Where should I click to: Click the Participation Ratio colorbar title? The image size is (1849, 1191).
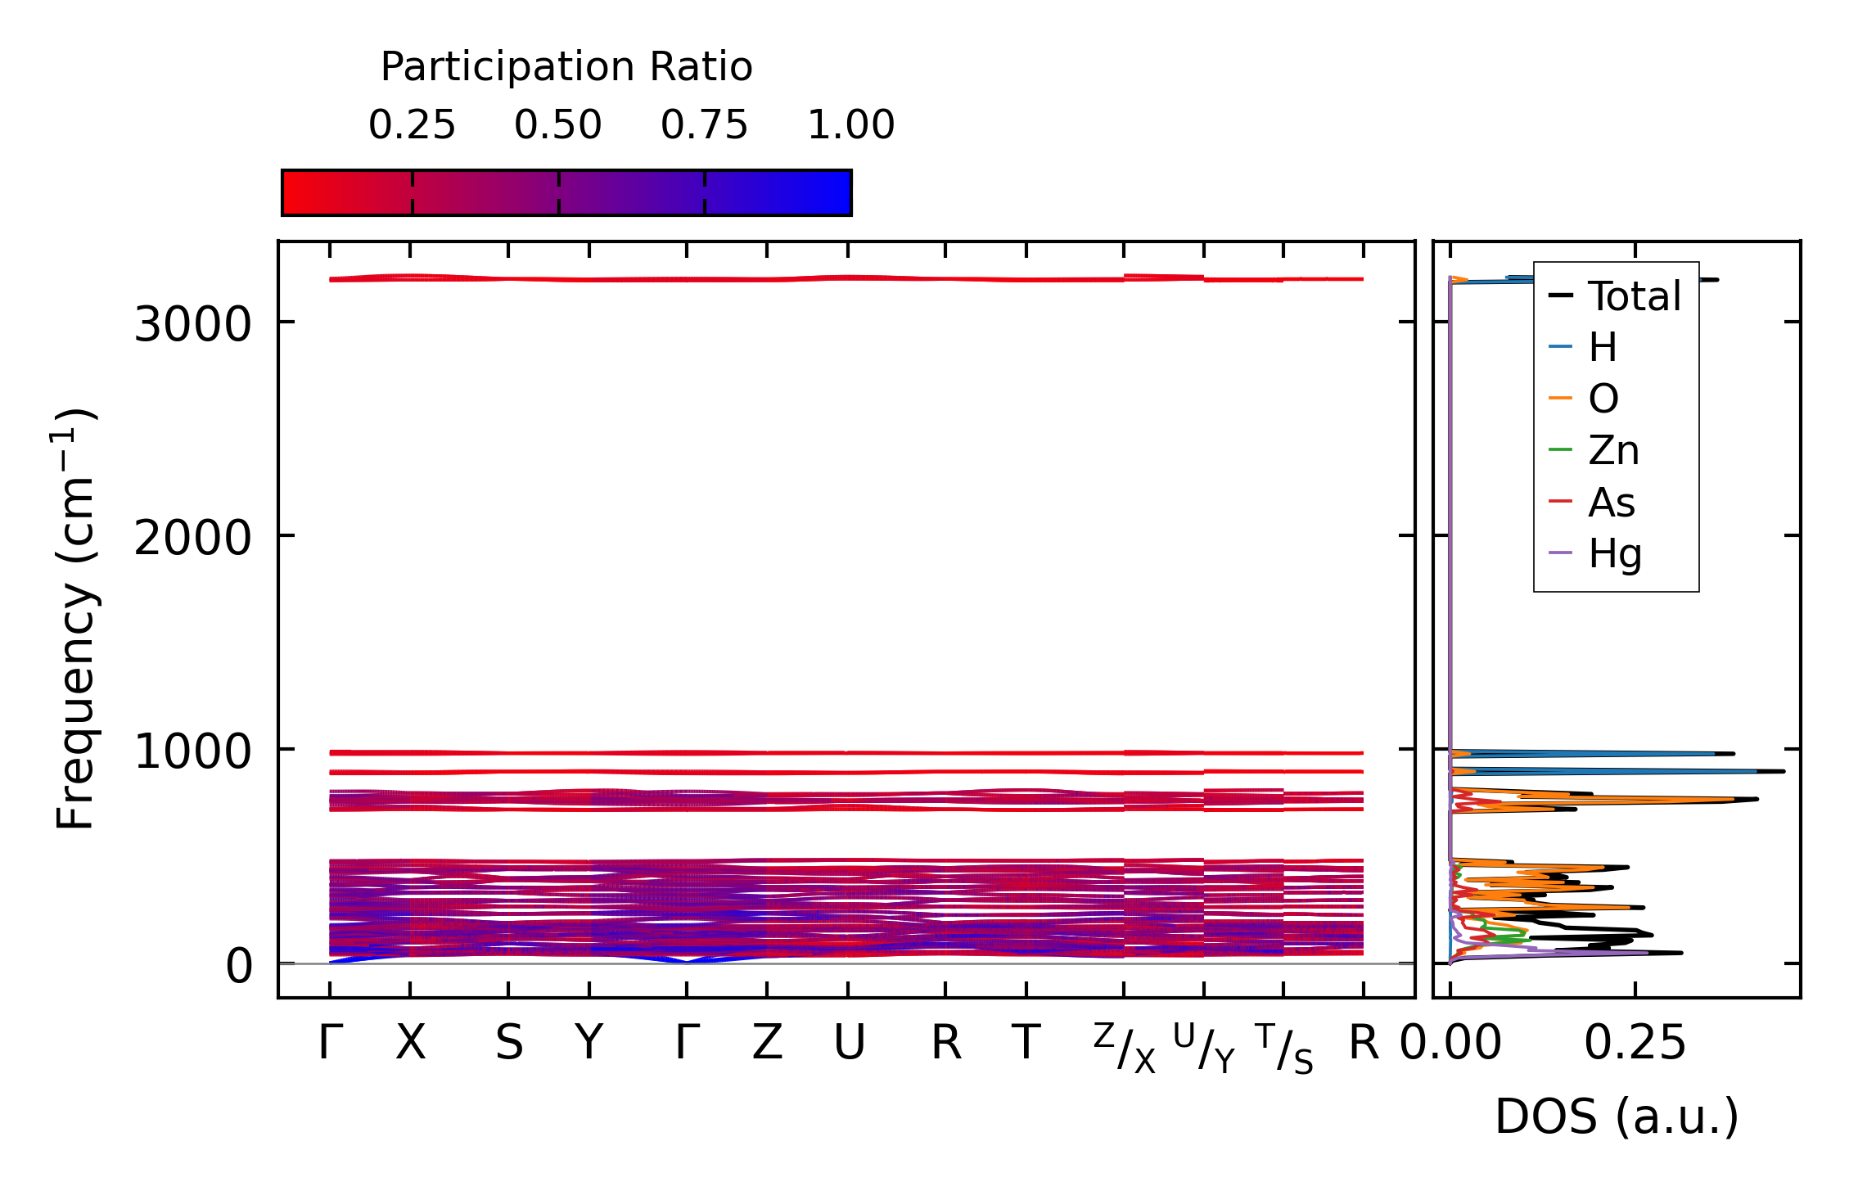(x=566, y=67)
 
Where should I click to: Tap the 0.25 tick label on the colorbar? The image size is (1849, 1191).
(x=412, y=125)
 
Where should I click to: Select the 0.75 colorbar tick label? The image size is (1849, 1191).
(x=704, y=125)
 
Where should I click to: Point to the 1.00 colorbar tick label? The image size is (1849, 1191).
(x=850, y=125)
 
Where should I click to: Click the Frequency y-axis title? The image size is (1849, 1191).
(x=75, y=619)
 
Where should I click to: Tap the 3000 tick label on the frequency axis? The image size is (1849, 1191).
(x=192, y=325)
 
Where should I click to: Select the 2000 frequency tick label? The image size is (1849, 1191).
(x=192, y=539)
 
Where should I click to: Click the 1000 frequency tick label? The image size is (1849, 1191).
(x=192, y=752)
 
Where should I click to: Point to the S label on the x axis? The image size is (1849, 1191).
(x=508, y=1044)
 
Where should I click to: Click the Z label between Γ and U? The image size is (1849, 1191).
(x=767, y=1044)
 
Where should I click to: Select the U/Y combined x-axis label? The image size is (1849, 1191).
(x=1204, y=1048)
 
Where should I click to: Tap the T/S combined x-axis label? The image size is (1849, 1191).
(x=1283, y=1048)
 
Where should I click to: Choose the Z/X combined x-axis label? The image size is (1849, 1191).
(x=1125, y=1048)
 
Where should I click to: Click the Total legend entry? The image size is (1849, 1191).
(x=1634, y=296)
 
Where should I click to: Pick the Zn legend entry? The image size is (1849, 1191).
(x=1613, y=451)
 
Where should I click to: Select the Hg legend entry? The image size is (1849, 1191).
(x=1615, y=554)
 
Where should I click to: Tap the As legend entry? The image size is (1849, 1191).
(x=1611, y=503)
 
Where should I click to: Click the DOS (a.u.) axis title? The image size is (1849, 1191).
(x=1617, y=1117)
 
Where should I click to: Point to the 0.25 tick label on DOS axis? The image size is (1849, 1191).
(x=1635, y=1044)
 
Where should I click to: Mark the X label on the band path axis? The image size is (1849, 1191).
(x=410, y=1044)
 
